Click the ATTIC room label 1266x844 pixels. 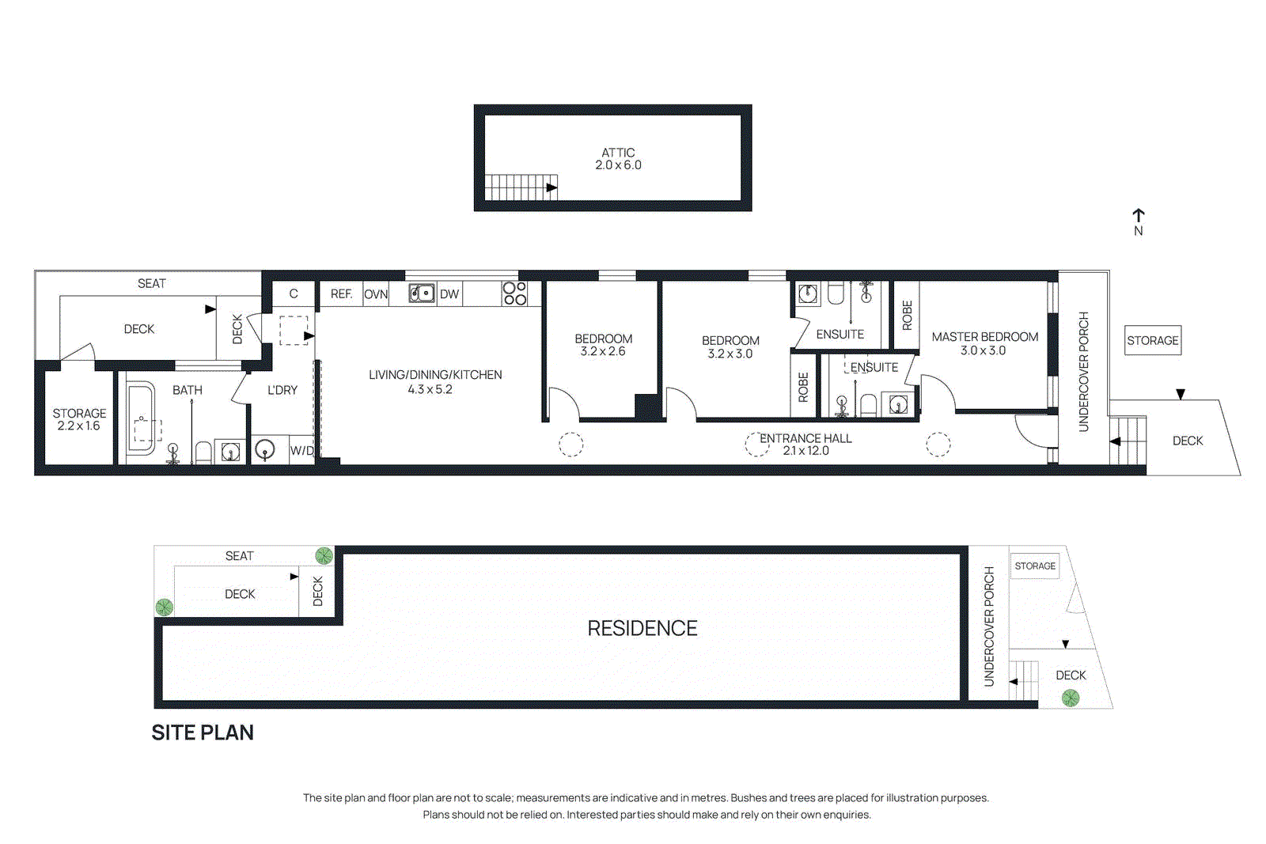[x=618, y=153]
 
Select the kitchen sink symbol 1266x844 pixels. [x=421, y=293]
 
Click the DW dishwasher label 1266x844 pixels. [x=449, y=294]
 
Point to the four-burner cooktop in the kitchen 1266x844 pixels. [x=514, y=293]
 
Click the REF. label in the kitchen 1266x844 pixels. [x=341, y=294]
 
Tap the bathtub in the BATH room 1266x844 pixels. [x=141, y=418]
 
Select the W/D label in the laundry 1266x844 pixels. [x=301, y=451]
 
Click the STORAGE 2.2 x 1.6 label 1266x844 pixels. [x=79, y=419]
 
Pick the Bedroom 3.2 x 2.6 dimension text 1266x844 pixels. [x=603, y=351]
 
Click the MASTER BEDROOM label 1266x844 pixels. [x=984, y=337]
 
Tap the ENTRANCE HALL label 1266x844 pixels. [x=805, y=438]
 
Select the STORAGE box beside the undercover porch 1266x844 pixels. [x=1152, y=340]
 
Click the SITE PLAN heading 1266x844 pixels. [x=203, y=732]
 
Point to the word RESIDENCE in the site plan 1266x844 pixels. [x=642, y=628]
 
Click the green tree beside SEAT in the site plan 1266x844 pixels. [x=324, y=555]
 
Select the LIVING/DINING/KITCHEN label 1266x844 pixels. [x=435, y=375]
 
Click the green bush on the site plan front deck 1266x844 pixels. [x=1070, y=698]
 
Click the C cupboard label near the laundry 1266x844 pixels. [x=294, y=294]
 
